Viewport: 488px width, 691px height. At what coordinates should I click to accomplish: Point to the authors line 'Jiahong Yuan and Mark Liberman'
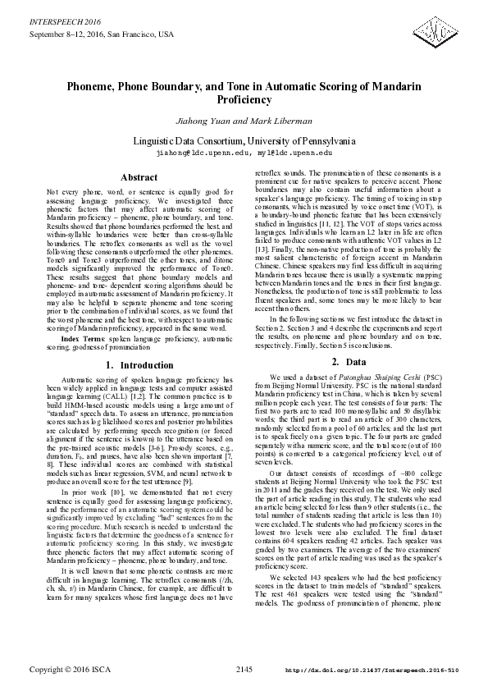244,121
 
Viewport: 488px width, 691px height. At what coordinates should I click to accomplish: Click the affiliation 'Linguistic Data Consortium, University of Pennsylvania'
244,140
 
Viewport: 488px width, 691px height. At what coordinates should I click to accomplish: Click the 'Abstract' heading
139,177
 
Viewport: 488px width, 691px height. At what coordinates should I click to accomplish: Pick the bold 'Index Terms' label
81,338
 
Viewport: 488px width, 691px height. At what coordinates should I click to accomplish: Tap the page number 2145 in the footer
244,670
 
